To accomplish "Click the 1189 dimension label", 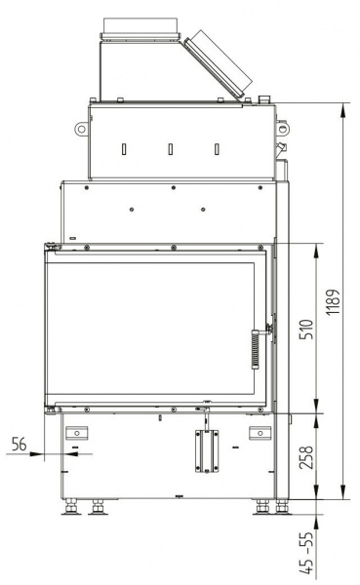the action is click(x=333, y=301).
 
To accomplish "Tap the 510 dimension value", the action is click(x=307, y=329).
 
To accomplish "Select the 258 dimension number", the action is click(x=307, y=457).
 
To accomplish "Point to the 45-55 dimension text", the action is click(x=307, y=553).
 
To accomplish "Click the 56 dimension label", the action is click(x=20, y=444).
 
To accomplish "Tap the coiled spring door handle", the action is click(x=256, y=349).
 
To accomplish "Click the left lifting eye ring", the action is click(x=81, y=129).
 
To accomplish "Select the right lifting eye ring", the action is click(x=283, y=129).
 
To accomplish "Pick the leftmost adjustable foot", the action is click(x=71, y=507).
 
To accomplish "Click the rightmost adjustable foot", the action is click(x=282, y=507).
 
